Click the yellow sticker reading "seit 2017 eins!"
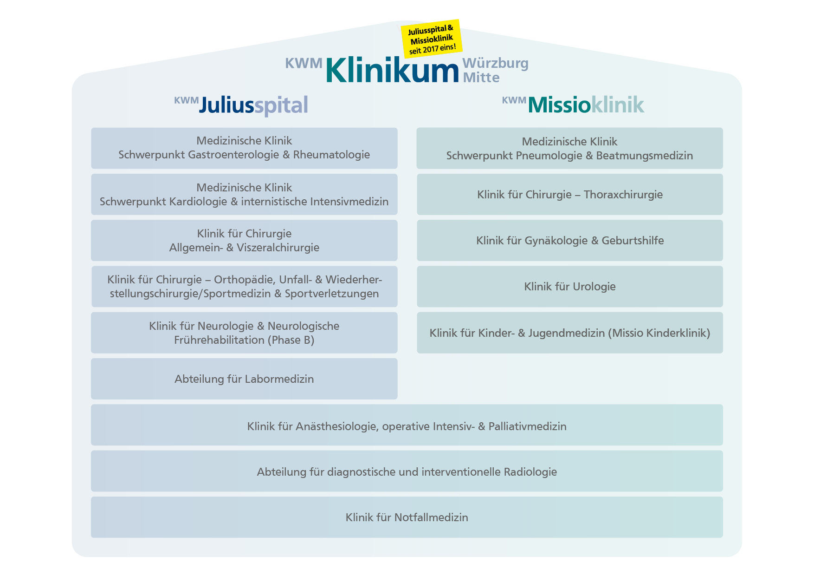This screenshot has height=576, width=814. click(432, 39)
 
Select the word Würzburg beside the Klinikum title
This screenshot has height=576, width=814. click(495, 63)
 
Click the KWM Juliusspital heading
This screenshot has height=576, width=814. click(242, 105)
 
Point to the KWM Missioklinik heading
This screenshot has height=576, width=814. click(574, 105)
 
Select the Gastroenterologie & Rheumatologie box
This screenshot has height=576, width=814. click(244, 148)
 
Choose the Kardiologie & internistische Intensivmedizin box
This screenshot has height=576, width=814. click(244, 194)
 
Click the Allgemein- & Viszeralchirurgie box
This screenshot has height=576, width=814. click(244, 240)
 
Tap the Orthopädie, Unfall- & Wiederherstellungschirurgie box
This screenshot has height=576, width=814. click(244, 286)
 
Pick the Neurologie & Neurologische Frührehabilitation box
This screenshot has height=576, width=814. click(244, 333)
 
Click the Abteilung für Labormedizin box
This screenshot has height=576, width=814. click(244, 379)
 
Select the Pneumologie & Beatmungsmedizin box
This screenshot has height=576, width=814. click(569, 148)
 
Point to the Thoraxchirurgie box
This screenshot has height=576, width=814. click(569, 194)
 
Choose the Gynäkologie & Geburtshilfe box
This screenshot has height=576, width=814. click(569, 240)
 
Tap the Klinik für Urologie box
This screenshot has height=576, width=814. click(569, 286)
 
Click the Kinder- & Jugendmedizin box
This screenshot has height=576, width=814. click(569, 333)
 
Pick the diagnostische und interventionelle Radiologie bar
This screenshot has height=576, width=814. click(407, 471)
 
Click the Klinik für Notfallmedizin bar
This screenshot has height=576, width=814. click(407, 517)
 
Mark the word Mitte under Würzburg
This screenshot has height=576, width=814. click(481, 78)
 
